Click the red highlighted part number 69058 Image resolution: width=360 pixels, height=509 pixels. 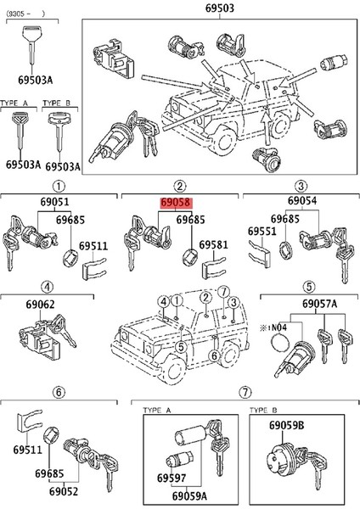click(x=174, y=204)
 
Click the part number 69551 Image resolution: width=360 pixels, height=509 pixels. click(x=261, y=231)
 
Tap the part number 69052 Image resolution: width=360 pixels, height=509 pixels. click(x=64, y=491)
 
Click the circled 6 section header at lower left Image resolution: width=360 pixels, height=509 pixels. click(x=58, y=392)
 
